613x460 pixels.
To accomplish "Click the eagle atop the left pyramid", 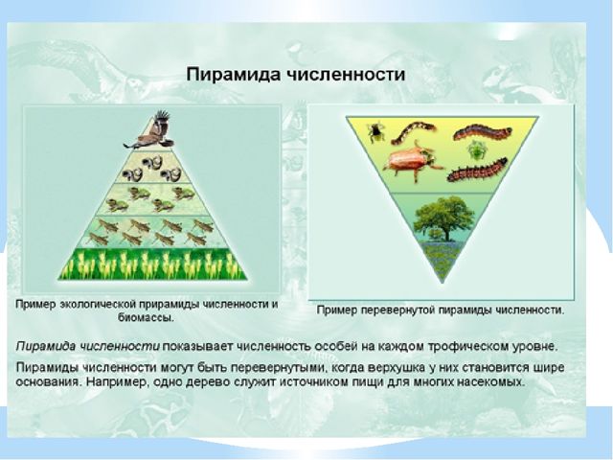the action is [149, 131].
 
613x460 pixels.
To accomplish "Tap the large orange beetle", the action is [411, 162].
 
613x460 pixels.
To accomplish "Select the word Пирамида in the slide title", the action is [233, 75].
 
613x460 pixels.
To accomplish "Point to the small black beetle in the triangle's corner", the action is [375, 131].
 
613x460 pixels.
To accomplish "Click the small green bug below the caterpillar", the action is [476, 149].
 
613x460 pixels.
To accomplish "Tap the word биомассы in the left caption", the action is [146, 317].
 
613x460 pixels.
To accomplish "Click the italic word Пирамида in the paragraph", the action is [46, 347].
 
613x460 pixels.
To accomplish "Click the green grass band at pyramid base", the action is [153, 264].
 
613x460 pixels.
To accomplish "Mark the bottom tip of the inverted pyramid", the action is [443, 283].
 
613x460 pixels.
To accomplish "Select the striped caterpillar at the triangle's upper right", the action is [483, 132].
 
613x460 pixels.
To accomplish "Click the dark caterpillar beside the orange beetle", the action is [477, 170].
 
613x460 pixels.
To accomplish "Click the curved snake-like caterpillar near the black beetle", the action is [413, 132].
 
